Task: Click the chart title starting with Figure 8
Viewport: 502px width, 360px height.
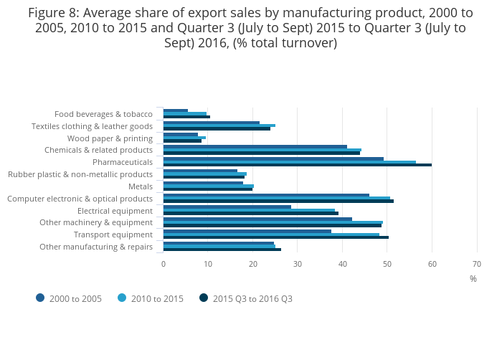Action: [250, 28]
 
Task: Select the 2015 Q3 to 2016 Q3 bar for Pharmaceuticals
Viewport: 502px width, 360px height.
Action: [297, 165]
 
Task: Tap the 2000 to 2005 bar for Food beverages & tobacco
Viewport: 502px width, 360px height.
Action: [176, 110]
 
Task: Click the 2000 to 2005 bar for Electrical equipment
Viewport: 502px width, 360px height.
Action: [227, 207]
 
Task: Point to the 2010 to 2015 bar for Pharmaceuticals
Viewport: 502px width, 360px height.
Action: [289, 162]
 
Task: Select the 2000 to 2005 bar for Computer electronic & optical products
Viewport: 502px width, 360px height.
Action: [266, 195]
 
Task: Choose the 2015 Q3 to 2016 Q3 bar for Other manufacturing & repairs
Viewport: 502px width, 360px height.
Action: [222, 250]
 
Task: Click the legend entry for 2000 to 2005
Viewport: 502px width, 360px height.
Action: [69, 298]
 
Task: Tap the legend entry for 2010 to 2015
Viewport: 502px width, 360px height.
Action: [151, 298]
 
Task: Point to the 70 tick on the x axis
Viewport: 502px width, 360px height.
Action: [476, 264]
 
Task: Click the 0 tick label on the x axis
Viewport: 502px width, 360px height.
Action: [164, 264]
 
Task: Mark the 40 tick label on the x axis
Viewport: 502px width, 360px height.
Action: [342, 264]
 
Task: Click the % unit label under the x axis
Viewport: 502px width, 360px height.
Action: [473, 278]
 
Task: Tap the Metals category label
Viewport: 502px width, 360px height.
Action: [140, 186]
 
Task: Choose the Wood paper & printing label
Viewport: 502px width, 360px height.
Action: [110, 138]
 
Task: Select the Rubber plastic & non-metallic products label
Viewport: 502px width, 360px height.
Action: [80, 174]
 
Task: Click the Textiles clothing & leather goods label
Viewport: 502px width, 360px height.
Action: [92, 126]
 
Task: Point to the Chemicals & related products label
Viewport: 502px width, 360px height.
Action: [98, 150]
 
